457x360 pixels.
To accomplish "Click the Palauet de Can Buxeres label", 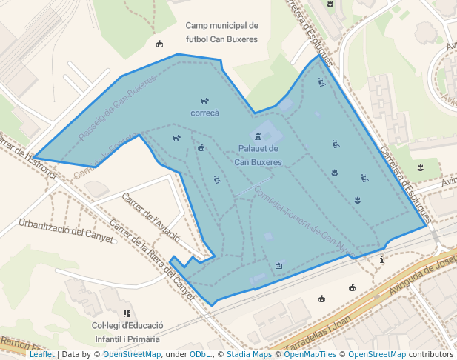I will coord(258,156).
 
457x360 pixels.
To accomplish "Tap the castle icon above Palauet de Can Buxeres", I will coord(258,137).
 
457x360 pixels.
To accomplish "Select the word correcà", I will coord(205,113).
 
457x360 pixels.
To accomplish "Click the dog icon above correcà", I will coord(205,101).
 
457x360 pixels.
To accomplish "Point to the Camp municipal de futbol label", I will coord(221,32).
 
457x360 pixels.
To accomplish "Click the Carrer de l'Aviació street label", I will coord(151,218).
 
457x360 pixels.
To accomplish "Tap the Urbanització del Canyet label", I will coord(67,230).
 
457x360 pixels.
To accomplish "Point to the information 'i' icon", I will coord(381,259).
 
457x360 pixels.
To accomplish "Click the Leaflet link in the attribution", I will coord(41,354).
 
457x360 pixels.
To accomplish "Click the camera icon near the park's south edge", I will coord(278,265).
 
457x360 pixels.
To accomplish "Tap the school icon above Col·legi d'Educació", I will coord(127,313).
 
